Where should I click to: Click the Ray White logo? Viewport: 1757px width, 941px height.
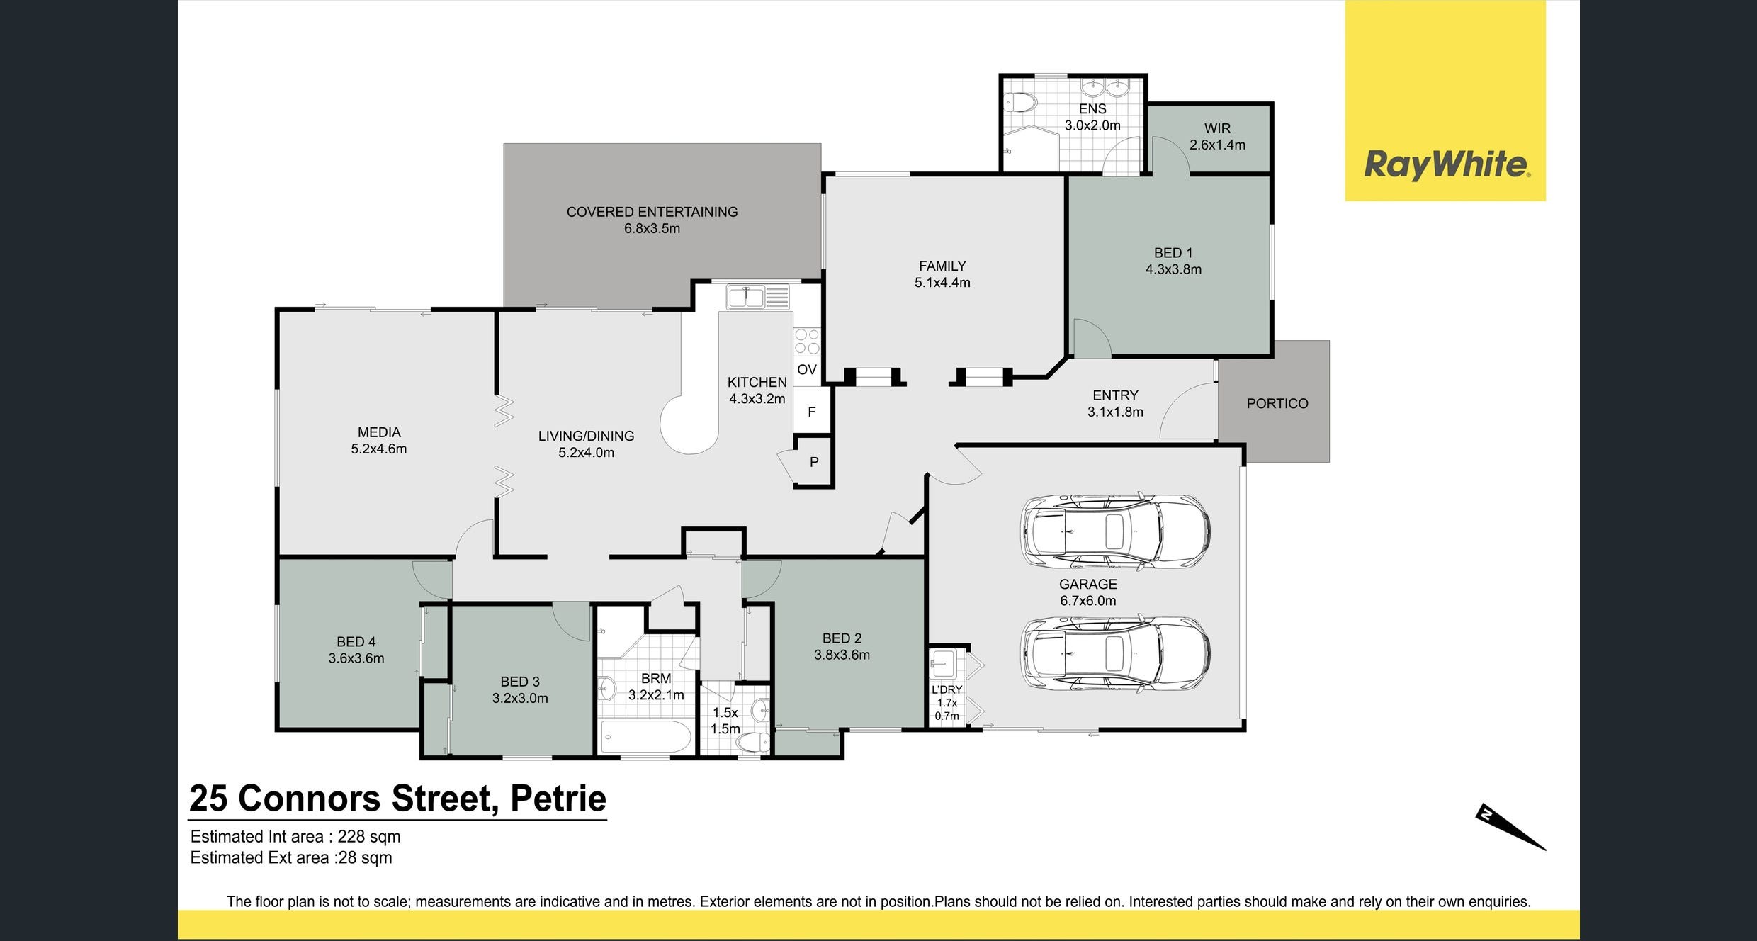pyautogui.click(x=1445, y=164)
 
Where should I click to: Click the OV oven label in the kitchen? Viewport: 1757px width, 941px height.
pyautogui.click(x=807, y=370)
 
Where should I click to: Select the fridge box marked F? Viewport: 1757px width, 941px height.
pyautogui.click(x=811, y=412)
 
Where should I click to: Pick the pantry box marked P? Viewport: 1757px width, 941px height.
pyautogui.click(x=814, y=462)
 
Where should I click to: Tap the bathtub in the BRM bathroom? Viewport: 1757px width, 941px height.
pyautogui.click(x=645, y=737)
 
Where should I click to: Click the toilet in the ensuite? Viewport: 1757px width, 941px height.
pyautogui.click(x=1019, y=103)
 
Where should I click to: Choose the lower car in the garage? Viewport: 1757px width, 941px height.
pyautogui.click(x=1115, y=653)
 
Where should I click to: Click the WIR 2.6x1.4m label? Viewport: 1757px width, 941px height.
pyautogui.click(x=1217, y=137)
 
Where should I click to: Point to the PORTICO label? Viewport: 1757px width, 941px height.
pyautogui.click(x=1277, y=404)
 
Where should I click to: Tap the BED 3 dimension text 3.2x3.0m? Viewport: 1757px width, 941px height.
pyautogui.click(x=520, y=699)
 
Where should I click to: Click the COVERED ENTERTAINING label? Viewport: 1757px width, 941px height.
pyautogui.click(x=652, y=212)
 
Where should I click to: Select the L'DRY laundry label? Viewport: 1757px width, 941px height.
pyautogui.click(x=947, y=690)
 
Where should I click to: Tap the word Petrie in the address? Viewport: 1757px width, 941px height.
pyautogui.click(x=558, y=799)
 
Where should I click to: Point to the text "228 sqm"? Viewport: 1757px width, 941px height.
pyautogui.click(x=369, y=837)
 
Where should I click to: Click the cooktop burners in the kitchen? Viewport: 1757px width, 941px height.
pyautogui.click(x=806, y=342)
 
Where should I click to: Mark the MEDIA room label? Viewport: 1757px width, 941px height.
pyautogui.click(x=379, y=432)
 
